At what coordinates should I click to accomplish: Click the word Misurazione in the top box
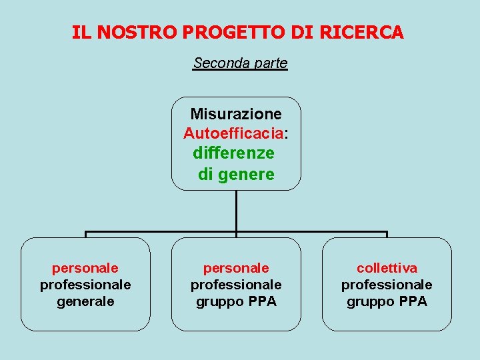236,114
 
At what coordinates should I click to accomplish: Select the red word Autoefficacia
234,134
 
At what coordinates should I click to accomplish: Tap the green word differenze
233,153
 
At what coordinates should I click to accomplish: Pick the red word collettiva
387,268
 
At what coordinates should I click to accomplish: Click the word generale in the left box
85,301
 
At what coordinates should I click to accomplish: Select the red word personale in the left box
85,268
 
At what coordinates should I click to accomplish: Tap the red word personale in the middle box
236,268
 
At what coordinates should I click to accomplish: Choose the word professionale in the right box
387,285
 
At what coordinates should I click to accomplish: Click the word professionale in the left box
85,285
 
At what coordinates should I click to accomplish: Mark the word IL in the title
80,32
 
